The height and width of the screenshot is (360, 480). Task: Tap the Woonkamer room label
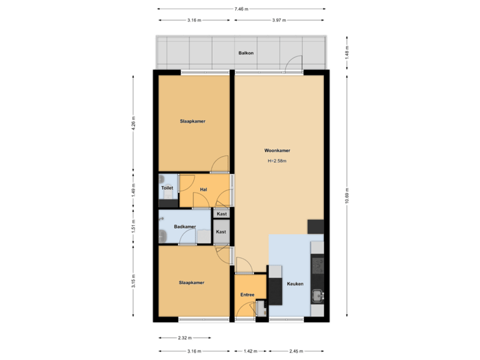[x=277, y=151]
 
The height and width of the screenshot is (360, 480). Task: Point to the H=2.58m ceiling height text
[x=277, y=161]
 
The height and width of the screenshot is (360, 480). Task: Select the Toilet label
[x=167, y=188]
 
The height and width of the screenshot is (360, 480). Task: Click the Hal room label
[x=203, y=189]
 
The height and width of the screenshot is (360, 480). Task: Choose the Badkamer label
[x=184, y=227]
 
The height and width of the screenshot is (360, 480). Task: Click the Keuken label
[x=295, y=284]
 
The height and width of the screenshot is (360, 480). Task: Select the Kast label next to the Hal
[x=221, y=213]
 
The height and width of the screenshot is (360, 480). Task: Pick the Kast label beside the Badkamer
[x=221, y=232]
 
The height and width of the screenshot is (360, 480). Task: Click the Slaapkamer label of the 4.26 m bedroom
[x=192, y=121]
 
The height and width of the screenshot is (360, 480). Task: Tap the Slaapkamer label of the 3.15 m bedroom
[x=191, y=283]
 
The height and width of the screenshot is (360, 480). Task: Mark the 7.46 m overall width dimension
[x=241, y=9]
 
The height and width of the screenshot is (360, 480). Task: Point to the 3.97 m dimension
[x=279, y=20]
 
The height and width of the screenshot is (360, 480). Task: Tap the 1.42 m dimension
[x=250, y=351]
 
